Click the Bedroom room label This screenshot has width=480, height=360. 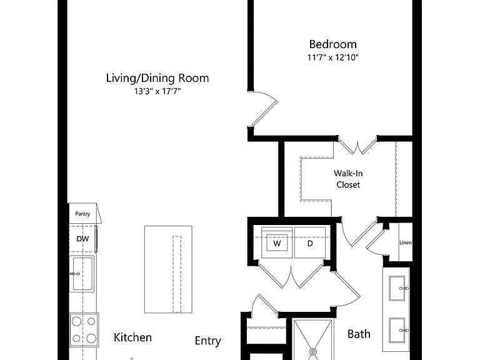click(x=332, y=44)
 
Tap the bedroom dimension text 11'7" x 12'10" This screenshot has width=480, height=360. click(x=332, y=57)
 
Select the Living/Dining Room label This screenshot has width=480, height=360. click(x=157, y=78)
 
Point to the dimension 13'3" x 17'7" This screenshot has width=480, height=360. click(x=157, y=91)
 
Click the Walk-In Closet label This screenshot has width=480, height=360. click(x=348, y=179)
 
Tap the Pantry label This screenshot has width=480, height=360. click(x=82, y=214)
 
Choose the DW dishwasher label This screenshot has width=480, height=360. click(x=82, y=239)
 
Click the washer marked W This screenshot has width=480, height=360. click(x=277, y=243)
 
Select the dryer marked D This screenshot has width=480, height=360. click(x=310, y=243)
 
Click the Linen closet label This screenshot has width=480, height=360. click(x=406, y=242)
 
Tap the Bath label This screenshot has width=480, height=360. click(x=359, y=334)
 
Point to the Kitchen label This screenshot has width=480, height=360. click(x=132, y=337)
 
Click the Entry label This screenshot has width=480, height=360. click(x=208, y=341)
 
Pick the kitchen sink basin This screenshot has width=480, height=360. click(x=82, y=273)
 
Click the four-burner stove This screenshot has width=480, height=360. click(x=84, y=330)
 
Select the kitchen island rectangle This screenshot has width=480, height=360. click(x=168, y=269)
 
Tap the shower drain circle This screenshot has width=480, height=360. click(x=313, y=352)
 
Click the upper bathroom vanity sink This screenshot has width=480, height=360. click(x=397, y=288)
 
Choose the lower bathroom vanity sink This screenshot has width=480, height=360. click(x=397, y=330)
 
